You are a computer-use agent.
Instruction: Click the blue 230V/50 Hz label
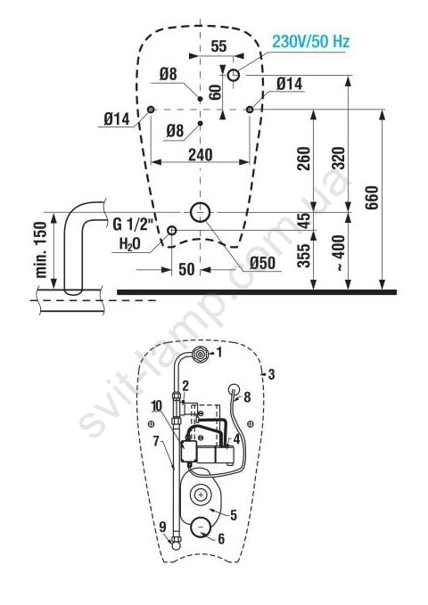click(x=310, y=41)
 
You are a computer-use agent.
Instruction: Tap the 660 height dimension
click(x=372, y=198)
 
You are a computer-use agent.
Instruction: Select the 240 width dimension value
click(x=200, y=155)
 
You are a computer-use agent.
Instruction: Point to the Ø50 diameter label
click(x=262, y=263)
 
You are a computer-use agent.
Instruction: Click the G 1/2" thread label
click(x=133, y=225)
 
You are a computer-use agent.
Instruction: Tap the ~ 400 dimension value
click(x=338, y=252)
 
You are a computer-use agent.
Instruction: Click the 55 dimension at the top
click(x=218, y=46)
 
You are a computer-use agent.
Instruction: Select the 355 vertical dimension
click(x=304, y=255)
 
